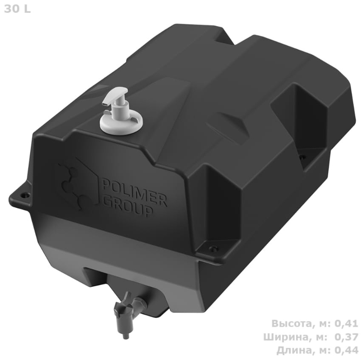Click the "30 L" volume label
coord(17,9)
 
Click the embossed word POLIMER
coord(134,191)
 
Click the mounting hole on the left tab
coord(26,195)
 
